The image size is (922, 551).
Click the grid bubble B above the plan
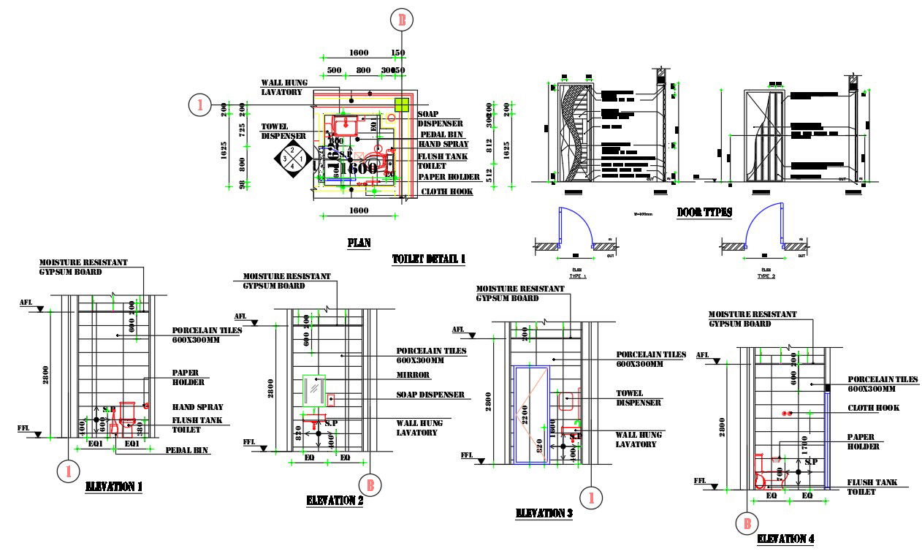[400, 20]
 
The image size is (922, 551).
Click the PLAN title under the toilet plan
[359, 242]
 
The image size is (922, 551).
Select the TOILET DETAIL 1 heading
[428, 259]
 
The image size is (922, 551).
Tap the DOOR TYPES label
[704, 212]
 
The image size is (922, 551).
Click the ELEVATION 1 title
[114, 486]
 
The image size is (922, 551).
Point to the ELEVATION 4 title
[785, 539]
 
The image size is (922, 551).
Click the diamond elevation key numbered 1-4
[293, 157]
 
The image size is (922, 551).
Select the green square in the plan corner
[401, 104]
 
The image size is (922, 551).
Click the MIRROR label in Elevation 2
[413, 375]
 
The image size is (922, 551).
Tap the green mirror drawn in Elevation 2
[314, 390]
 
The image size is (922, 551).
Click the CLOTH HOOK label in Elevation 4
[873, 408]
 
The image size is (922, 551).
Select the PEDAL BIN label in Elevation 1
[188, 451]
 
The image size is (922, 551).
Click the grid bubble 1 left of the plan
[199, 104]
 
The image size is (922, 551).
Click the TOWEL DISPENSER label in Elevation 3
[639, 398]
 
